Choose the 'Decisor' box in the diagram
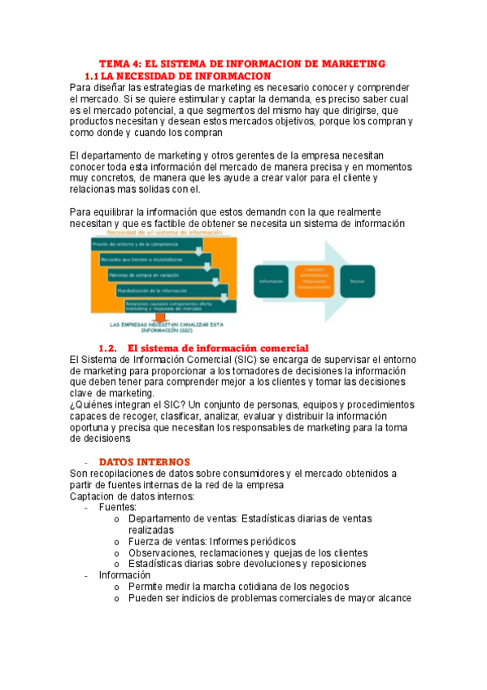click(x=358, y=281)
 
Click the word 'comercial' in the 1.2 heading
click(x=281, y=348)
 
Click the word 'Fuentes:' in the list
click(x=118, y=506)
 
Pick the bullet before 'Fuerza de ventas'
click(x=118, y=541)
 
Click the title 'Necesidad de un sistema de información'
click(x=163, y=233)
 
